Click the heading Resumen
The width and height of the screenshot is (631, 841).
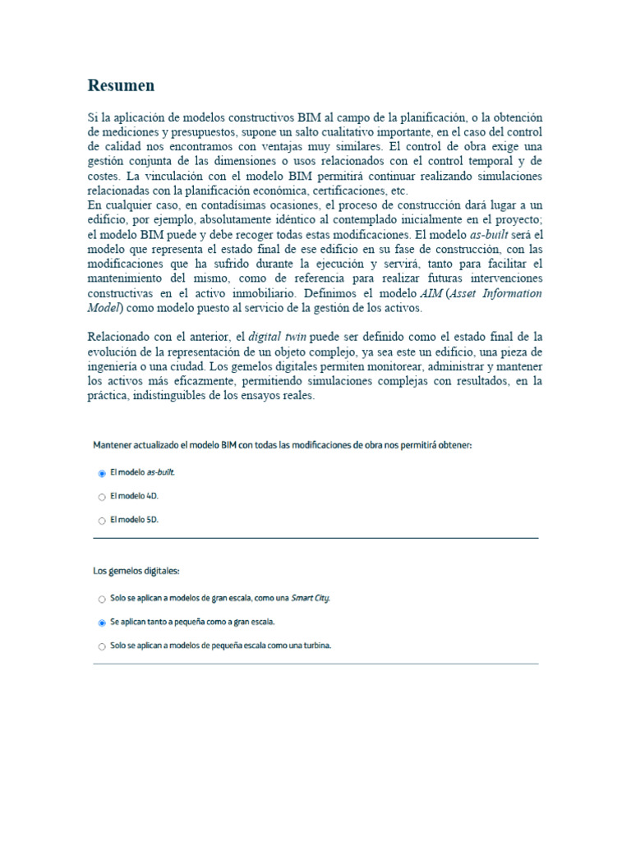tap(121, 85)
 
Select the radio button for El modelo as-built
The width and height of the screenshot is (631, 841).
tap(102, 474)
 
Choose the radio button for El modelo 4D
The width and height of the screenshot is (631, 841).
tap(102, 497)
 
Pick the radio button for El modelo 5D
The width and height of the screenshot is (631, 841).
tap(102, 521)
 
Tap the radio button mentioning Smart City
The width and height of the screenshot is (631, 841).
tap(102, 600)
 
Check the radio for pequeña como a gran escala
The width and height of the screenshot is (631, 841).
tap(102, 623)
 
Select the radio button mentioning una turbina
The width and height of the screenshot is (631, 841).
tap(102, 646)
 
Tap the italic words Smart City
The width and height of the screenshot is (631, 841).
tap(311, 599)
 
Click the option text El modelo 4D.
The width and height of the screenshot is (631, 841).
tap(134, 496)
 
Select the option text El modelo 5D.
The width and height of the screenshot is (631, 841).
tap(134, 520)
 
